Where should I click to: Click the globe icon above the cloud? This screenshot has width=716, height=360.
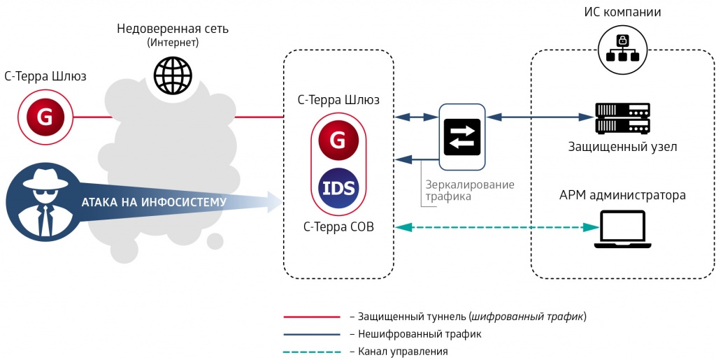(173, 75)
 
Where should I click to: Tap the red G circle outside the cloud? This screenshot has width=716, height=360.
(45, 117)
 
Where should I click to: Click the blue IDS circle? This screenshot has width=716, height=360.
(338, 188)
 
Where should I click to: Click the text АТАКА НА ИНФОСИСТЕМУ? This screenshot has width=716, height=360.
(154, 203)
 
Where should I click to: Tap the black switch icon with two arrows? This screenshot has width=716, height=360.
(461, 138)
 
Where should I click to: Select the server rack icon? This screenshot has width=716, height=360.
(622, 118)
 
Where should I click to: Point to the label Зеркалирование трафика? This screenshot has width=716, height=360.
(469, 191)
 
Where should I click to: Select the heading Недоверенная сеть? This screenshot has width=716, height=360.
(173, 29)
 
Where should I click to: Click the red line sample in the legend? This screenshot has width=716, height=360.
(311, 317)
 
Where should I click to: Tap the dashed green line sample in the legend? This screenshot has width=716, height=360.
(311, 351)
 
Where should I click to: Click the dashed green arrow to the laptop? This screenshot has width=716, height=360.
(489, 227)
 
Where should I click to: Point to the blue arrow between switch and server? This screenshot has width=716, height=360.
(538, 117)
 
